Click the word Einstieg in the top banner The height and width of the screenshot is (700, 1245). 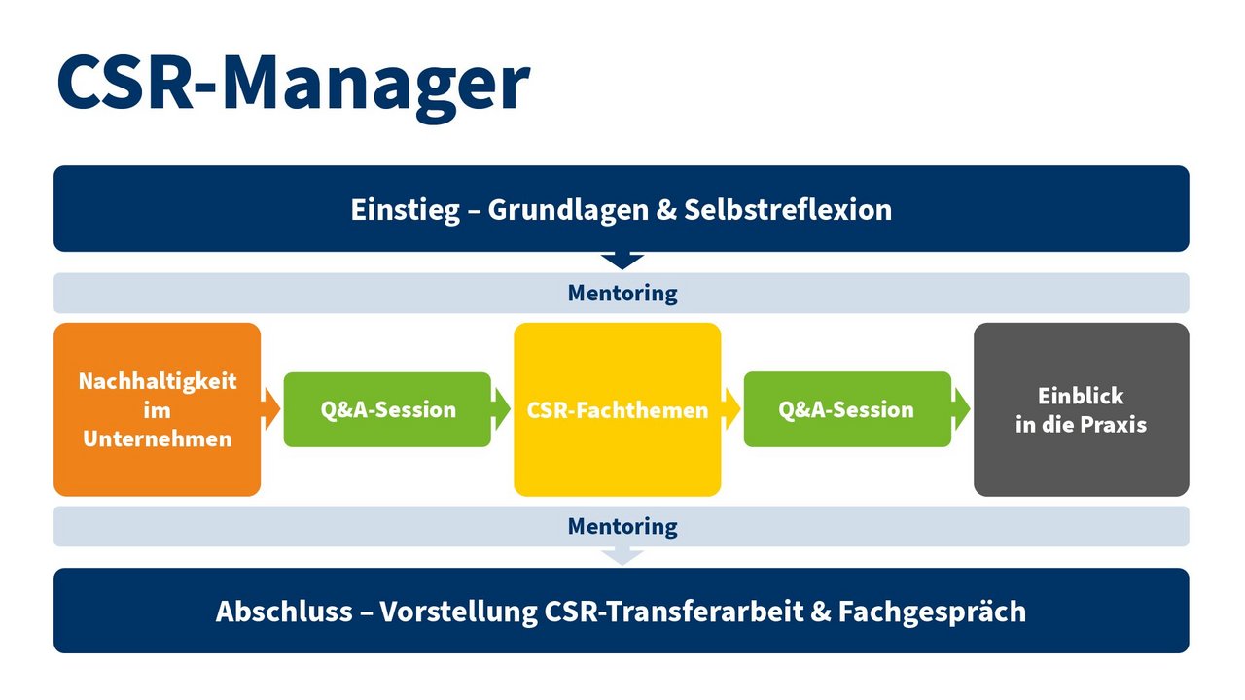click(x=406, y=211)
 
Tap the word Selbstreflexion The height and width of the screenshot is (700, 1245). click(x=788, y=209)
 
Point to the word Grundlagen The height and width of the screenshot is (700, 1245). click(x=568, y=211)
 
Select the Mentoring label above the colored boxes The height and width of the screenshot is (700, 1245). click(x=622, y=294)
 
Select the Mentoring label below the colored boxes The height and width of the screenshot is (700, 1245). click(x=622, y=527)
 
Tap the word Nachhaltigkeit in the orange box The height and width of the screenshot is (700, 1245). click(x=158, y=382)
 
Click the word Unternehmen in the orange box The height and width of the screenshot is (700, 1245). click(x=158, y=438)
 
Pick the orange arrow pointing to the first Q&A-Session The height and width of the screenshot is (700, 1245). click(x=270, y=409)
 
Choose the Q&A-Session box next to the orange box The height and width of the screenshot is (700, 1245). click(x=387, y=409)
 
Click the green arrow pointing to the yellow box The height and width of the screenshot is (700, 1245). click(x=501, y=409)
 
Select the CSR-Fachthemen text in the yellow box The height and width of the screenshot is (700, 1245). click(x=618, y=410)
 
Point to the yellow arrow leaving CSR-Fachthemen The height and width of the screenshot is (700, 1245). click(x=731, y=409)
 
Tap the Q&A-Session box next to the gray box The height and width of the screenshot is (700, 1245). click(x=847, y=409)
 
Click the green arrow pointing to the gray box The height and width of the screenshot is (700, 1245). click(x=962, y=409)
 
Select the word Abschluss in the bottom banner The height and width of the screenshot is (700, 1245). click(x=284, y=612)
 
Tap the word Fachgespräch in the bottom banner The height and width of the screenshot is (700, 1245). click(x=932, y=612)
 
